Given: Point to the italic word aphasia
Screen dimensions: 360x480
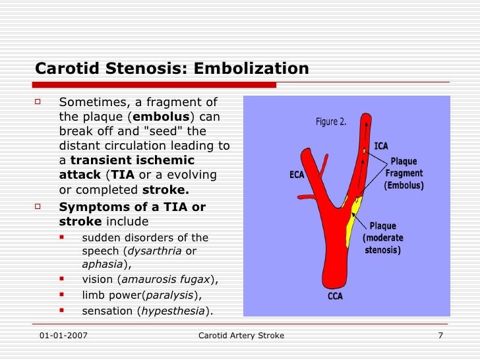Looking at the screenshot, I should click(103, 264).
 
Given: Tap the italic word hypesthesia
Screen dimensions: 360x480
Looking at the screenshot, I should click(175, 311).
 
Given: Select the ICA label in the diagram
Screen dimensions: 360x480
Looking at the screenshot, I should click(381, 146).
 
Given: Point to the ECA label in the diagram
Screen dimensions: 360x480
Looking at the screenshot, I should click(297, 175).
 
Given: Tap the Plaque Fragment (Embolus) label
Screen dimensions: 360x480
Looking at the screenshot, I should click(404, 173).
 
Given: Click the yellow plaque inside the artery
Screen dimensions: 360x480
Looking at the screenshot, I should click(352, 221).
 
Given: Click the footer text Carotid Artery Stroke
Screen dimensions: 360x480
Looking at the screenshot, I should click(241, 336).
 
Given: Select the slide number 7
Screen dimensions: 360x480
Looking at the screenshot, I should click(440, 336).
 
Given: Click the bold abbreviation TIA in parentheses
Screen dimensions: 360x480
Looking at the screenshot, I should click(123, 175).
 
